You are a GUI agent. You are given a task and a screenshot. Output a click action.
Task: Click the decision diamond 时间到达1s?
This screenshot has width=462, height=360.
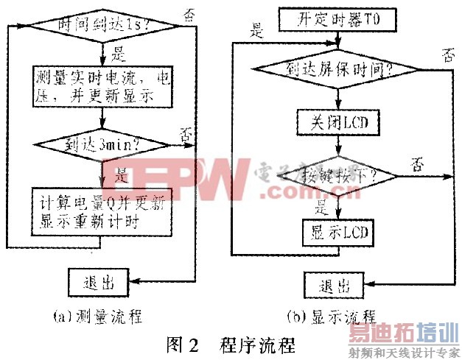point(102,26)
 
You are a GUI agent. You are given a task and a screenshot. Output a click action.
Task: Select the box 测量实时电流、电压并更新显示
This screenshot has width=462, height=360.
point(102,87)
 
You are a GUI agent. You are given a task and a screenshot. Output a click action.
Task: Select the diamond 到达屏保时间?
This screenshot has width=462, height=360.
point(337,70)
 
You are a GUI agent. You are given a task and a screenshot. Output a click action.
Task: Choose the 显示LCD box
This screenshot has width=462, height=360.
point(337,233)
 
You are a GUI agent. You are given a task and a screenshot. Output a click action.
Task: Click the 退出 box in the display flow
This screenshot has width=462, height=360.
point(336,285)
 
